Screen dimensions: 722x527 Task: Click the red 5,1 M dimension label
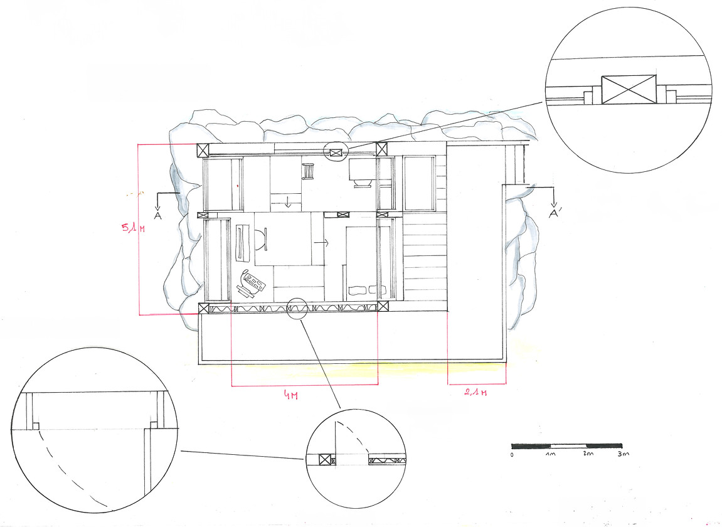133,228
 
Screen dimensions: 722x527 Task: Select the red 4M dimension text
290,395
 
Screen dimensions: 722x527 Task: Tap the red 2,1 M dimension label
475,393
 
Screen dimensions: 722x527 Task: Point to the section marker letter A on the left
157,216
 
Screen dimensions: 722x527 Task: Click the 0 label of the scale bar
512,455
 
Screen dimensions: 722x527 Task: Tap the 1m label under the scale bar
550,454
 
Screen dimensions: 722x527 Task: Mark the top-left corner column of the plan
203,150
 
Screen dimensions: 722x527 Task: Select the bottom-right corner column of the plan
383,306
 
